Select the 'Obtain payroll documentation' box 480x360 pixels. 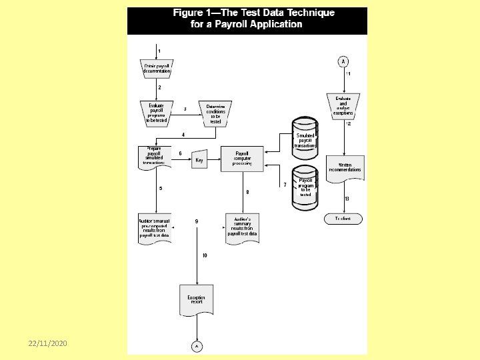(x=157, y=68)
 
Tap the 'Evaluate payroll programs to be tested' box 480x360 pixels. (x=157, y=113)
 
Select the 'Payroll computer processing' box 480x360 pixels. (x=243, y=159)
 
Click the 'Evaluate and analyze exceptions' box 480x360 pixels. (x=343, y=105)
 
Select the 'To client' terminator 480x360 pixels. (x=343, y=219)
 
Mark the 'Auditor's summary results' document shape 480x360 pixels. (x=243, y=227)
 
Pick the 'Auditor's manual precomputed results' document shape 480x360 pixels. (x=155, y=227)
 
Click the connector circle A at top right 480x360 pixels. (x=343, y=61)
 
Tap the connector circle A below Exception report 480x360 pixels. (x=197, y=346)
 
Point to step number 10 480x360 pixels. (x=205, y=256)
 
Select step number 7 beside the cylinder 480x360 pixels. (x=285, y=185)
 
